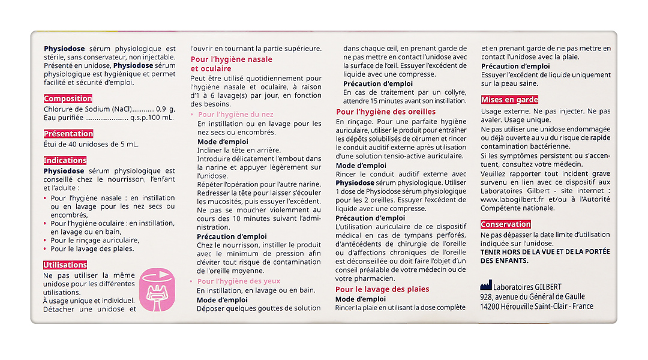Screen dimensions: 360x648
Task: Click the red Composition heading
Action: coord(68,98)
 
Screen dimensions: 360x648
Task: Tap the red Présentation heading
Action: coord(68,134)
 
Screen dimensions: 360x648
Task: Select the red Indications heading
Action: coord(65,160)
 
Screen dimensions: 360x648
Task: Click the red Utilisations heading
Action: coord(65,265)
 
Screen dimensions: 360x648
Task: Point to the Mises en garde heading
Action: coord(509,100)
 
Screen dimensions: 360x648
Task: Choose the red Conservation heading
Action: coord(506,224)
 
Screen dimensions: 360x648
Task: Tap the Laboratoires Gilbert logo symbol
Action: coord(486,286)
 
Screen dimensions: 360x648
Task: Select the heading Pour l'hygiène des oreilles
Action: coord(386,112)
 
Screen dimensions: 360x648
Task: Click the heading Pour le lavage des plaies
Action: coord(382,289)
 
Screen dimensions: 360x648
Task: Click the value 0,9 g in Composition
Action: coord(165,109)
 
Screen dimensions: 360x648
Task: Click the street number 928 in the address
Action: coord(487,296)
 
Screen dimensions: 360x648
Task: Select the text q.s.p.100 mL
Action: coord(152,118)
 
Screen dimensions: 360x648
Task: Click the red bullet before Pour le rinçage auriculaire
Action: coord(46,241)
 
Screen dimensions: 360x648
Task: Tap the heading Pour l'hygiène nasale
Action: coord(232,59)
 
